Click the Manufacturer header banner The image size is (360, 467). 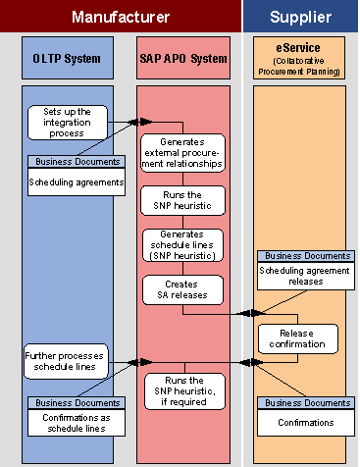point(121,17)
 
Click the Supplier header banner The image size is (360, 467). point(300,17)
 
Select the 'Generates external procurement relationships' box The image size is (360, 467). point(184,152)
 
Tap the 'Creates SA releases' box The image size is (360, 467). point(184,288)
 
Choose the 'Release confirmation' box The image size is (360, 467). point(297,338)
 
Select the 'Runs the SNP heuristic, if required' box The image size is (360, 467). point(184,389)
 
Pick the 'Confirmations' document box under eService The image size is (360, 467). point(303,422)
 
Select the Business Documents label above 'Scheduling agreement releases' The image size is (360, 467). point(303,255)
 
